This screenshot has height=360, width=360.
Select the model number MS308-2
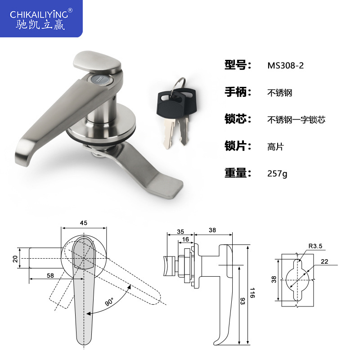[286, 65]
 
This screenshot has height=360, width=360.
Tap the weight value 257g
[277, 173]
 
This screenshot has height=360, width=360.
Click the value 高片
[275, 147]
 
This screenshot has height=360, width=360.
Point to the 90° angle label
[110, 301]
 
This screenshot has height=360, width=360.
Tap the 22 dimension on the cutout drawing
[324, 261]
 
